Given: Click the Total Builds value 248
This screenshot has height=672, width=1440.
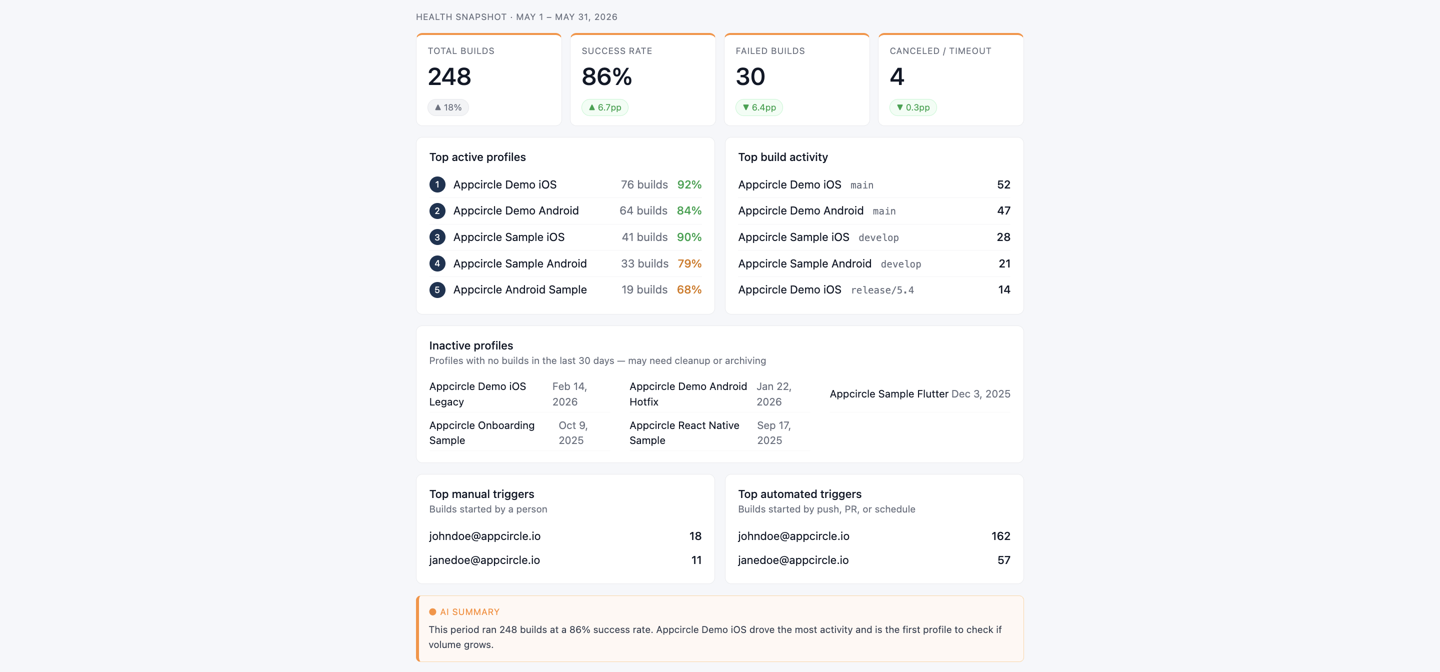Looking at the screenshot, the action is click(449, 76).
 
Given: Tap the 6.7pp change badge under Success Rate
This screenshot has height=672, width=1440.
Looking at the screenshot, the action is click(605, 107).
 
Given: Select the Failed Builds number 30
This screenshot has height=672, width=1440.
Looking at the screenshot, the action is click(750, 76).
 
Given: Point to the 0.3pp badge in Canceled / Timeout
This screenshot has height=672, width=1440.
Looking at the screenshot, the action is click(913, 107).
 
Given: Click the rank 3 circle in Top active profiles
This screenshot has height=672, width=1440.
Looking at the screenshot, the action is click(437, 237).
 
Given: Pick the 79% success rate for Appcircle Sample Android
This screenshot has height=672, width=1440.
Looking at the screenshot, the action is click(689, 263).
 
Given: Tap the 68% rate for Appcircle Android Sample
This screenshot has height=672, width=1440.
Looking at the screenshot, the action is click(689, 289).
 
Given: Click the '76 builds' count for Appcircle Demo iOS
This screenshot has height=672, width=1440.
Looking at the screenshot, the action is click(644, 184).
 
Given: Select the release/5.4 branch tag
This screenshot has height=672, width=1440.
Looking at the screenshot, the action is click(882, 290).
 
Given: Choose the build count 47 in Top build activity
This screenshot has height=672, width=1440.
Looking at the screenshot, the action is click(1003, 211).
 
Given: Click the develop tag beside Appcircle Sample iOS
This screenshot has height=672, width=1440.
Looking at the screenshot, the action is click(878, 237).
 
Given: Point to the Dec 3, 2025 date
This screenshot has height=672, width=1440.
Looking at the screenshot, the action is click(980, 393).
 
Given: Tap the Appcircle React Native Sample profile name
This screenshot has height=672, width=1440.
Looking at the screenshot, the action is click(684, 432).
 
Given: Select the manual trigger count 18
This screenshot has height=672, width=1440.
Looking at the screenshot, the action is click(695, 536).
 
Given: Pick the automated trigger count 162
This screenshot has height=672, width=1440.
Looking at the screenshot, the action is click(1000, 536).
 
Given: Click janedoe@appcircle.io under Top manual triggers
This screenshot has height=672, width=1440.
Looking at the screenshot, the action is click(484, 560).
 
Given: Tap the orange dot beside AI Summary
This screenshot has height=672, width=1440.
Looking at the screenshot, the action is click(432, 612).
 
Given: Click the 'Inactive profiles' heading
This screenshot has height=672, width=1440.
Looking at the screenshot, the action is click(470, 345).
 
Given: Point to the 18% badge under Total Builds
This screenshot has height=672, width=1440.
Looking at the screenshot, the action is click(448, 107).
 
